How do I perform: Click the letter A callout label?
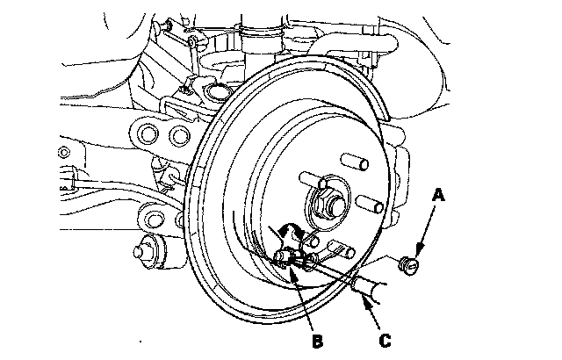click(x=438, y=196)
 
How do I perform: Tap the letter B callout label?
click(x=318, y=342)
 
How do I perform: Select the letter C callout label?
click(x=385, y=341)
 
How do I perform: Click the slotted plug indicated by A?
click(x=409, y=265)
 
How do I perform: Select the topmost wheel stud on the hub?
click(x=355, y=162)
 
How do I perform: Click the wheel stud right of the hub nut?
click(x=371, y=204)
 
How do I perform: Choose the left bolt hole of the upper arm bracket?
click(x=148, y=134)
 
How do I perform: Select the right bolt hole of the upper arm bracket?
click(x=180, y=135)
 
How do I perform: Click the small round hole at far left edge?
click(x=63, y=153)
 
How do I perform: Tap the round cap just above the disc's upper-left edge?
click(x=218, y=91)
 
